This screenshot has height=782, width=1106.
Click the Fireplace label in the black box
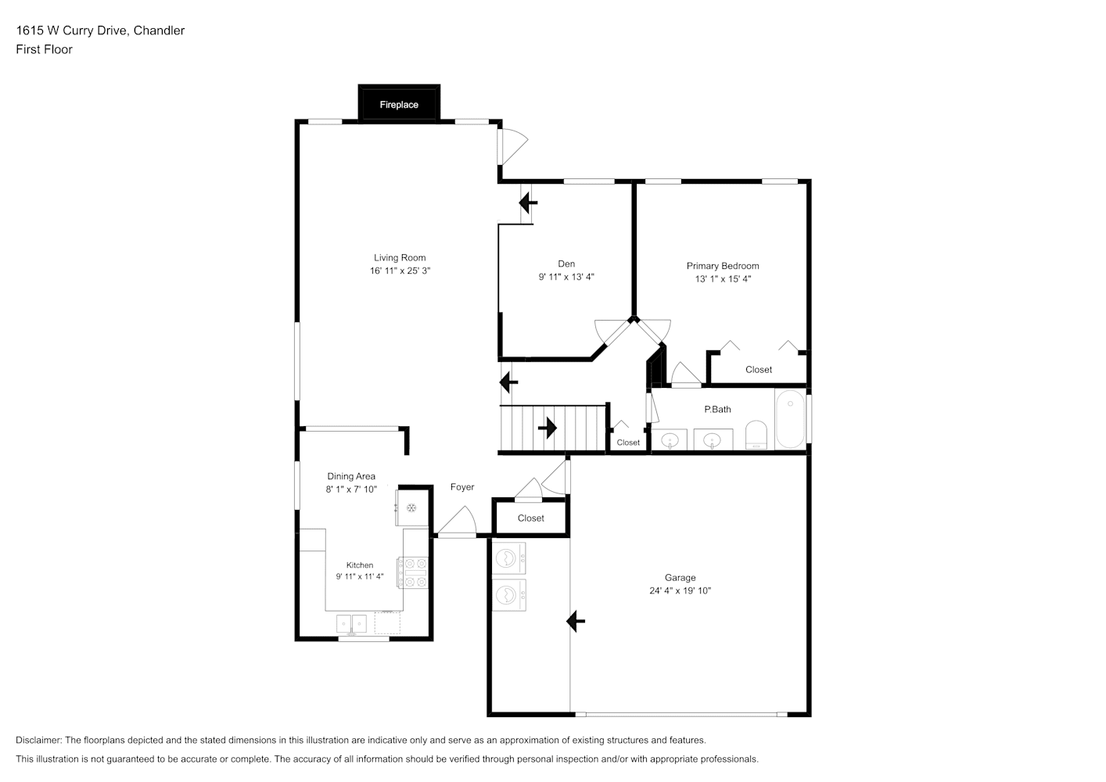point(398,105)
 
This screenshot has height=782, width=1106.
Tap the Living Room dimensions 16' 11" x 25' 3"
point(400,271)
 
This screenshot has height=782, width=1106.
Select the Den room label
point(566,264)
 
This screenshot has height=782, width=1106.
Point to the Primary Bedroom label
point(723,266)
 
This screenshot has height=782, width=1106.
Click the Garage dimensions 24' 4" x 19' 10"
point(680,590)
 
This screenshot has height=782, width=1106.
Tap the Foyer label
point(462,486)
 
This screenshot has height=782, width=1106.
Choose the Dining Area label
point(351,476)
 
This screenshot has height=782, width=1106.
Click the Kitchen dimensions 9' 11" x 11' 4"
point(360,576)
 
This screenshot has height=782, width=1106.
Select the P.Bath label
point(717,409)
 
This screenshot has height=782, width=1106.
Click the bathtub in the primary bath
point(790,418)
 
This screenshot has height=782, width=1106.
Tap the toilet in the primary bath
point(756,435)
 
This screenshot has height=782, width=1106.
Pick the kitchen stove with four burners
point(413,572)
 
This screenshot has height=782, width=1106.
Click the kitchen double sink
point(351,624)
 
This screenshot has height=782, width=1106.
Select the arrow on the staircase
point(548,428)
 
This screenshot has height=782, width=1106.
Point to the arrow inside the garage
point(575,621)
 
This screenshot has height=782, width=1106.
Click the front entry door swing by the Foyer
point(458,520)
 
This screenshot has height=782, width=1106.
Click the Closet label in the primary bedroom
point(759,369)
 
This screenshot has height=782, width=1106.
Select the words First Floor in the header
point(44,49)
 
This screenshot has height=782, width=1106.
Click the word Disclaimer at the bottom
point(38,740)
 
